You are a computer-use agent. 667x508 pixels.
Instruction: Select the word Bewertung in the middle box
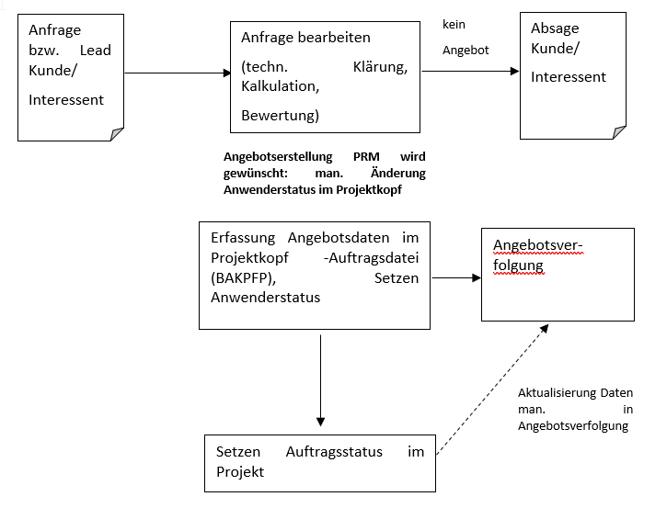click(x=280, y=116)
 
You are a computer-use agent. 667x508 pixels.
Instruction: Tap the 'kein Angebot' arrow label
click(x=466, y=38)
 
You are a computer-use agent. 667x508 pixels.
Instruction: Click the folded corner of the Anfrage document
click(x=117, y=134)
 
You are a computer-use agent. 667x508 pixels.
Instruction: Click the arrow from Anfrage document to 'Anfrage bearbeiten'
click(x=177, y=73)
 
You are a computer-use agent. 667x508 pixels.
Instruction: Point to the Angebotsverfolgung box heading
click(x=539, y=254)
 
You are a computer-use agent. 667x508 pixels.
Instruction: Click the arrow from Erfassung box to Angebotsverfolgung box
click(x=455, y=277)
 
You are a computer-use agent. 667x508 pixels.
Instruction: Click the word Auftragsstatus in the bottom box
click(x=333, y=452)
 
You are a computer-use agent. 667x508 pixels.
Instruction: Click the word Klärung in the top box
click(x=380, y=67)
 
